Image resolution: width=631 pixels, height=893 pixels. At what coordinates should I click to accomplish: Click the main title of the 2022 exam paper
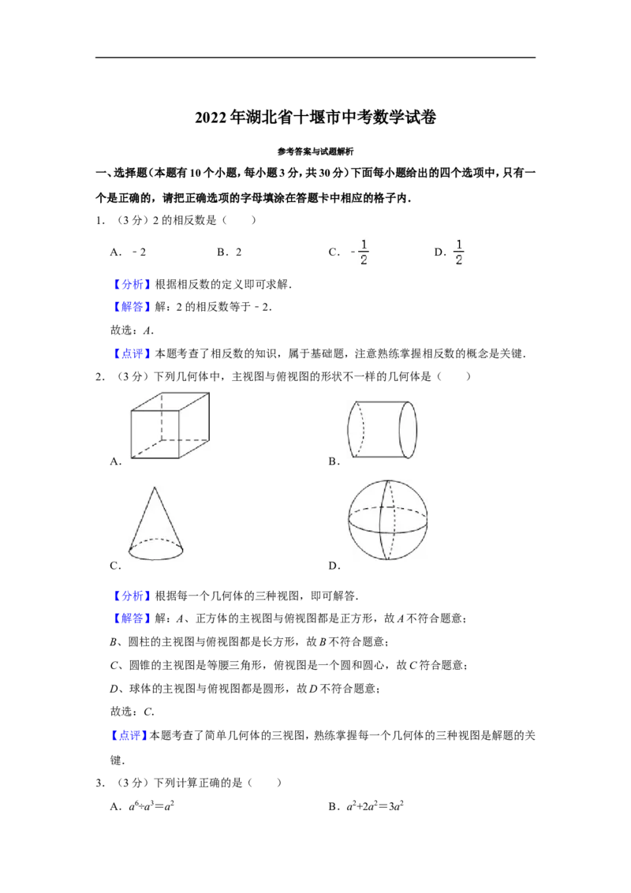click(x=315, y=118)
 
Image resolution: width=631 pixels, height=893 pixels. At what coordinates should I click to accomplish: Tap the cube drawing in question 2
click(x=170, y=425)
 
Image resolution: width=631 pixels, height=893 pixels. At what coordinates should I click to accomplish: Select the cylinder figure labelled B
click(x=382, y=429)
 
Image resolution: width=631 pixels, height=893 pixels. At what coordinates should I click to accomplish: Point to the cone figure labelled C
click(x=156, y=522)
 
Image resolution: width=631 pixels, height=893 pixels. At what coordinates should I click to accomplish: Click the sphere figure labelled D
click(x=388, y=520)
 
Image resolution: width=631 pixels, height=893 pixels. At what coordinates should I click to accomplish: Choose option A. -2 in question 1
click(x=128, y=252)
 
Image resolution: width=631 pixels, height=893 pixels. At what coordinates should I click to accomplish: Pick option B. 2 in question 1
click(x=229, y=252)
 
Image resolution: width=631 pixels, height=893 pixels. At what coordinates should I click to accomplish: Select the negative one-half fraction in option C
click(x=360, y=252)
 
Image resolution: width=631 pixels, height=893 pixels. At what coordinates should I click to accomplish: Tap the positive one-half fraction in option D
click(x=458, y=252)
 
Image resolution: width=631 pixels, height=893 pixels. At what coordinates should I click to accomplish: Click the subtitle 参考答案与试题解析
click(x=315, y=151)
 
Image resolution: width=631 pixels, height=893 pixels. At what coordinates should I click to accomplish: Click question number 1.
click(x=100, y=220)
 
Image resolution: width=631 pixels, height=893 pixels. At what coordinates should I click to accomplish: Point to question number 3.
click(x=100, y=783)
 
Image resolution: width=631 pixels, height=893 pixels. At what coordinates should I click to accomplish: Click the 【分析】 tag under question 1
click(x=133, y=285)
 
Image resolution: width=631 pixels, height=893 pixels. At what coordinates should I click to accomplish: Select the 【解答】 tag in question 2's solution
click(x=133, y=618)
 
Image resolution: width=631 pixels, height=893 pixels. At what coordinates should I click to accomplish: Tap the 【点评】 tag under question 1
click(x=133, y=353)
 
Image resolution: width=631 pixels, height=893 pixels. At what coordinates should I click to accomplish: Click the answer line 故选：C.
click(x=133, y=712)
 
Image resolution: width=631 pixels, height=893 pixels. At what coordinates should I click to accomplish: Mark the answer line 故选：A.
click(x=133, y=331)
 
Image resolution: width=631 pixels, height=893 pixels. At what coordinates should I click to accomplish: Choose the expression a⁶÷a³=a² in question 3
click(x=143, y=806)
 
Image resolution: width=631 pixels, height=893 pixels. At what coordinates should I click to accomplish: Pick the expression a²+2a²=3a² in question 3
click(x=366, y=806)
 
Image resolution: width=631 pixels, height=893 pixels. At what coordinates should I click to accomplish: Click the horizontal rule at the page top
click(x=315, y=58)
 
